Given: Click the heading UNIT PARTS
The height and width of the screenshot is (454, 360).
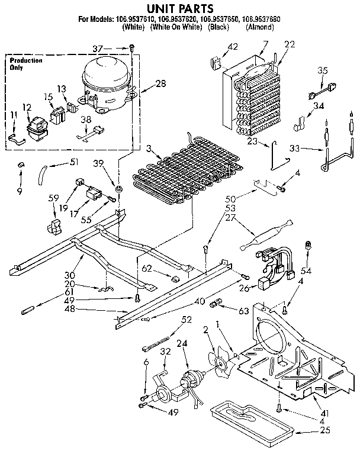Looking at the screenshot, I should tap(179, 8).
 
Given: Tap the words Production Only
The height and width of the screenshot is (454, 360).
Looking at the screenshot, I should tap(25, 64).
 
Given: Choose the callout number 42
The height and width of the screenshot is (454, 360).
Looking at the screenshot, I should tap(233, 46).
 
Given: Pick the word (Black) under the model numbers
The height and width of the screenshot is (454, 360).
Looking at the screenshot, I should tap(220, 27).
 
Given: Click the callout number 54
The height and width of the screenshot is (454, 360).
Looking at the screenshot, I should tap(306, 270).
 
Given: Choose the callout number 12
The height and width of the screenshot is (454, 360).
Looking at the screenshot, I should tap(27, 107).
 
